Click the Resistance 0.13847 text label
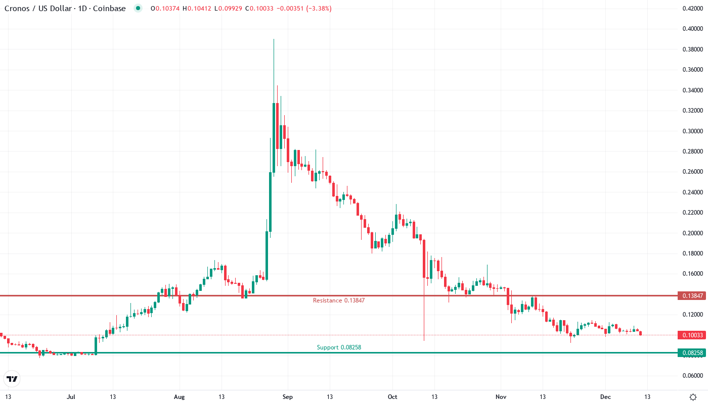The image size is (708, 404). [338, 300]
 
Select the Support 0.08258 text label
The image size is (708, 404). [339, 347]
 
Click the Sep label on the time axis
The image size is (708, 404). [287, 397]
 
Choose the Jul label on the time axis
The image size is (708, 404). [71, 397]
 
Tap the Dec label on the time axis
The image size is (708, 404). [605, 397]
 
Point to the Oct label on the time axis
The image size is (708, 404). [392, 397]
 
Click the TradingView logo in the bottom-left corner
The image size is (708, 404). [12, 378]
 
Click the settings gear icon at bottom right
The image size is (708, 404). [693, 397]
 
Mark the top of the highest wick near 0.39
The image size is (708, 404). [274, 39]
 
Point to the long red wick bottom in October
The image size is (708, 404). [424, 340]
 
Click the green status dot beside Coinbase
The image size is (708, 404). [138, 9]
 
